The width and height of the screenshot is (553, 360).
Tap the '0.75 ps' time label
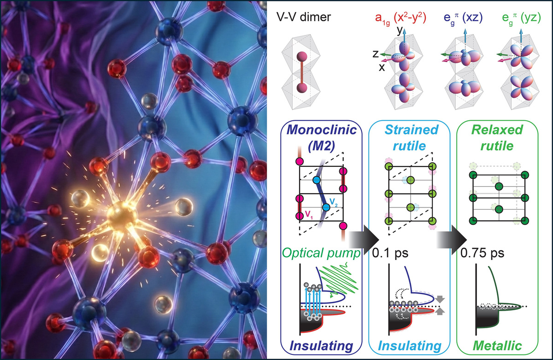pos(476,253)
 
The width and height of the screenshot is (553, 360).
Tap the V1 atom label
pos(310,213)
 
